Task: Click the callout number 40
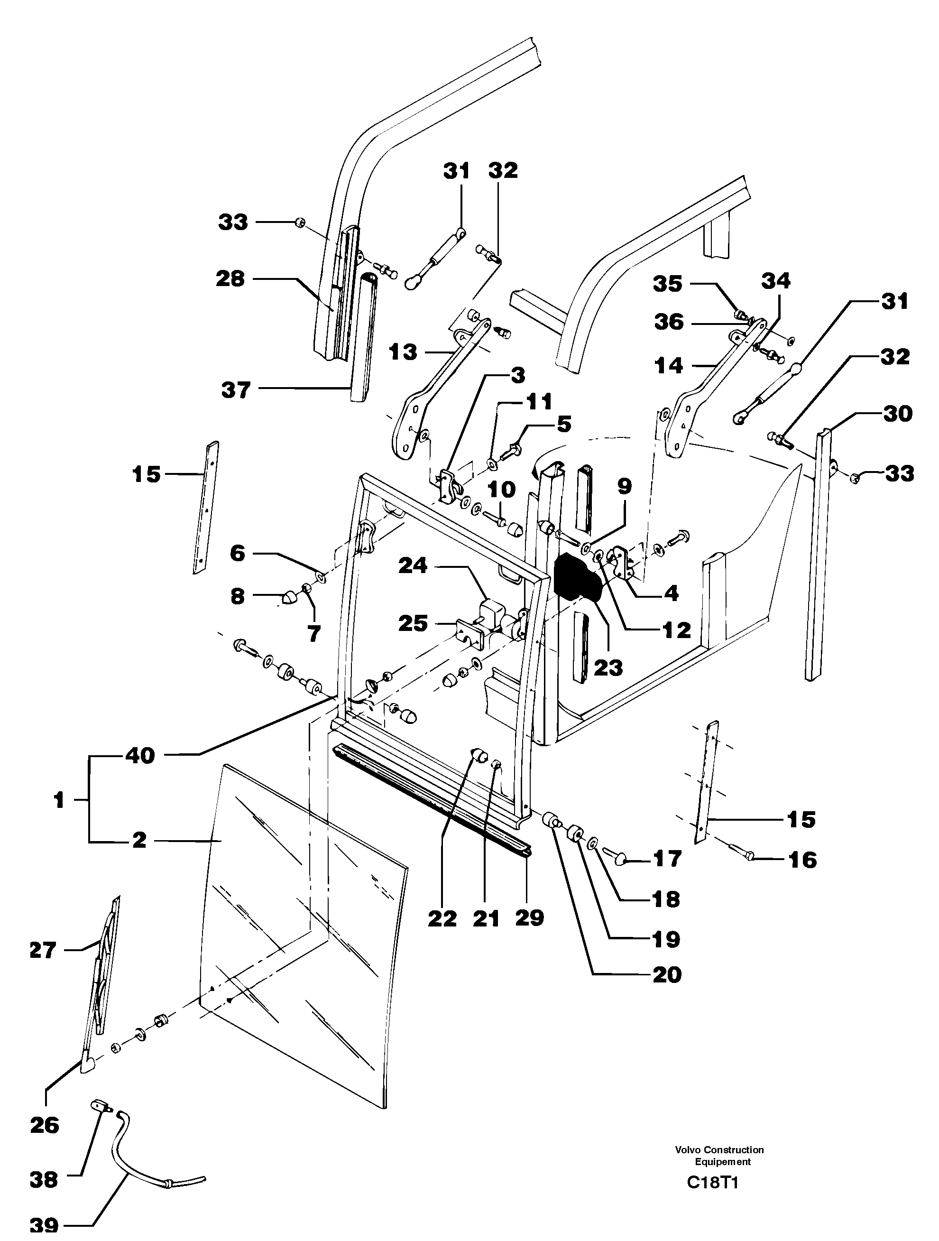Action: (140, 755)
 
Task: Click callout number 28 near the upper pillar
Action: (230, 279)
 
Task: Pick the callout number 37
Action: (236, 389)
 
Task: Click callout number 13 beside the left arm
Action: (403, 352)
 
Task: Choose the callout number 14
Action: (669, 366)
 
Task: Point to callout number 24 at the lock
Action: (413, 565)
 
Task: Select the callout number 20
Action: (667, 974)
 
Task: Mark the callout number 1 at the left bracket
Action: (59, 800)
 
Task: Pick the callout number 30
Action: (897, 414)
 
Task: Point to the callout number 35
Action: (668, 284)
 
